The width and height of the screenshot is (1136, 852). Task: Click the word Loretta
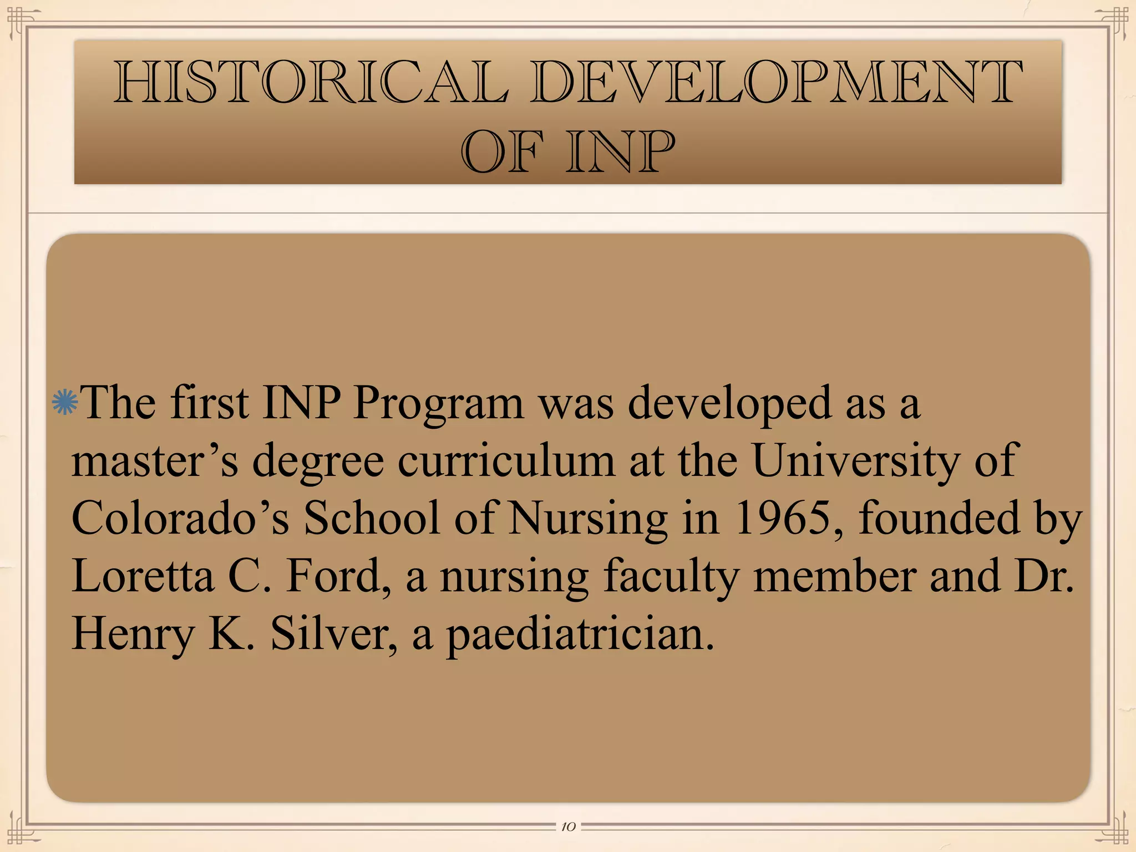pos(143,576)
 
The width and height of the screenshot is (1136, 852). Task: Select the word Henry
pos(132,634)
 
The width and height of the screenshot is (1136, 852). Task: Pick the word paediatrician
pos(580,634)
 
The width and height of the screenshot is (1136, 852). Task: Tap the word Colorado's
pos(180,518)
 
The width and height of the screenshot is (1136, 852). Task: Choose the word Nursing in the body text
pos(588,518)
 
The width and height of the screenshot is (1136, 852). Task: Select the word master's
pos(155,460)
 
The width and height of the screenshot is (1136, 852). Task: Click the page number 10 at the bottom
pos(568,827)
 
